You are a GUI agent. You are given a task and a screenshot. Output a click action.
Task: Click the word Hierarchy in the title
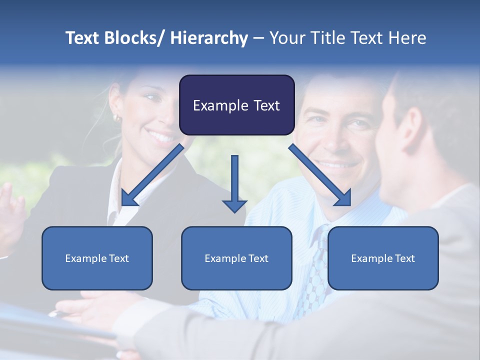209,38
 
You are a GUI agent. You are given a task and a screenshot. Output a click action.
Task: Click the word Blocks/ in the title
135,38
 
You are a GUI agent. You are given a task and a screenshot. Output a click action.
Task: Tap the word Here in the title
407,38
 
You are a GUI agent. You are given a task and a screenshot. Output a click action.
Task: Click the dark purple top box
236,105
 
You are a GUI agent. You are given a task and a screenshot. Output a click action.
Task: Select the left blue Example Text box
97,258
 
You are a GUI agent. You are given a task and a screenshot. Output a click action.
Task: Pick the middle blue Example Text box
236,258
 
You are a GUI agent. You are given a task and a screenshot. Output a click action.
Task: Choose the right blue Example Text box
383,258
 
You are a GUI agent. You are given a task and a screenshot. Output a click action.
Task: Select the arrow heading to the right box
320,175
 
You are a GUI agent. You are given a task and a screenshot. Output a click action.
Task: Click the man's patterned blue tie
315,270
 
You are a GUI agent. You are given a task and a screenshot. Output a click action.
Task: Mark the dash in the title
258,38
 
